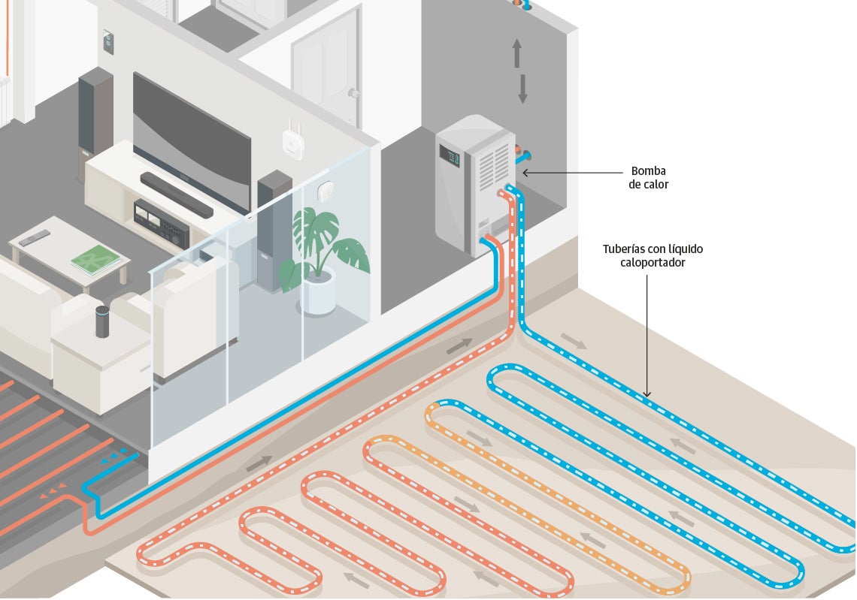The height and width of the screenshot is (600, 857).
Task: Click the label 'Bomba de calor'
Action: [648, 177]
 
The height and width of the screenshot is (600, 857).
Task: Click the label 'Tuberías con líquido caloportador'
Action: [653, 255]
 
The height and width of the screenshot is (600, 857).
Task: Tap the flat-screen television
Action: [191, 142]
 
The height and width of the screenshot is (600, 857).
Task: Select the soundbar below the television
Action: [177, 194]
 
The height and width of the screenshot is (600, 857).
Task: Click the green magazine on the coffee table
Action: [95, 260]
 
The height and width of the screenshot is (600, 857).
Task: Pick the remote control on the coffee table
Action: [35, 238]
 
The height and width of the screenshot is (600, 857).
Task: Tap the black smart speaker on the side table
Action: [101, 321]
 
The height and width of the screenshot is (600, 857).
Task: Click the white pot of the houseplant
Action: [318, 294]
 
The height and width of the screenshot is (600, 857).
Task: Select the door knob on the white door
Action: [352, 93]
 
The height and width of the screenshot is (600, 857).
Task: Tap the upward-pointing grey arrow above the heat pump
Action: [517, 53]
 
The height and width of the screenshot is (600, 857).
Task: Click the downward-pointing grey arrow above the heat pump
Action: [522, 89]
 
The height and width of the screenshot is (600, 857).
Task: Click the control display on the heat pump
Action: [452, 158]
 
